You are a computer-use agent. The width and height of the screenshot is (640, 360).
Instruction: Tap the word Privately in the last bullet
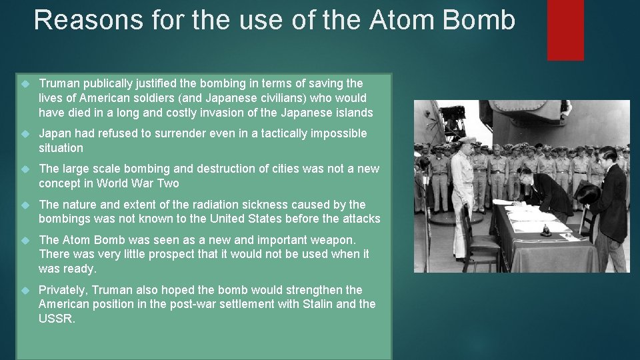[x=63, y=290]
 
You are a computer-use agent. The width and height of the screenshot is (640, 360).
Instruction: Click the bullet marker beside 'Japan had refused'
[x=25, y=134]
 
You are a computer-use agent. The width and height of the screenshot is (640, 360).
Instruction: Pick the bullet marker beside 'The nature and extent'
[x=25, y=205]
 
